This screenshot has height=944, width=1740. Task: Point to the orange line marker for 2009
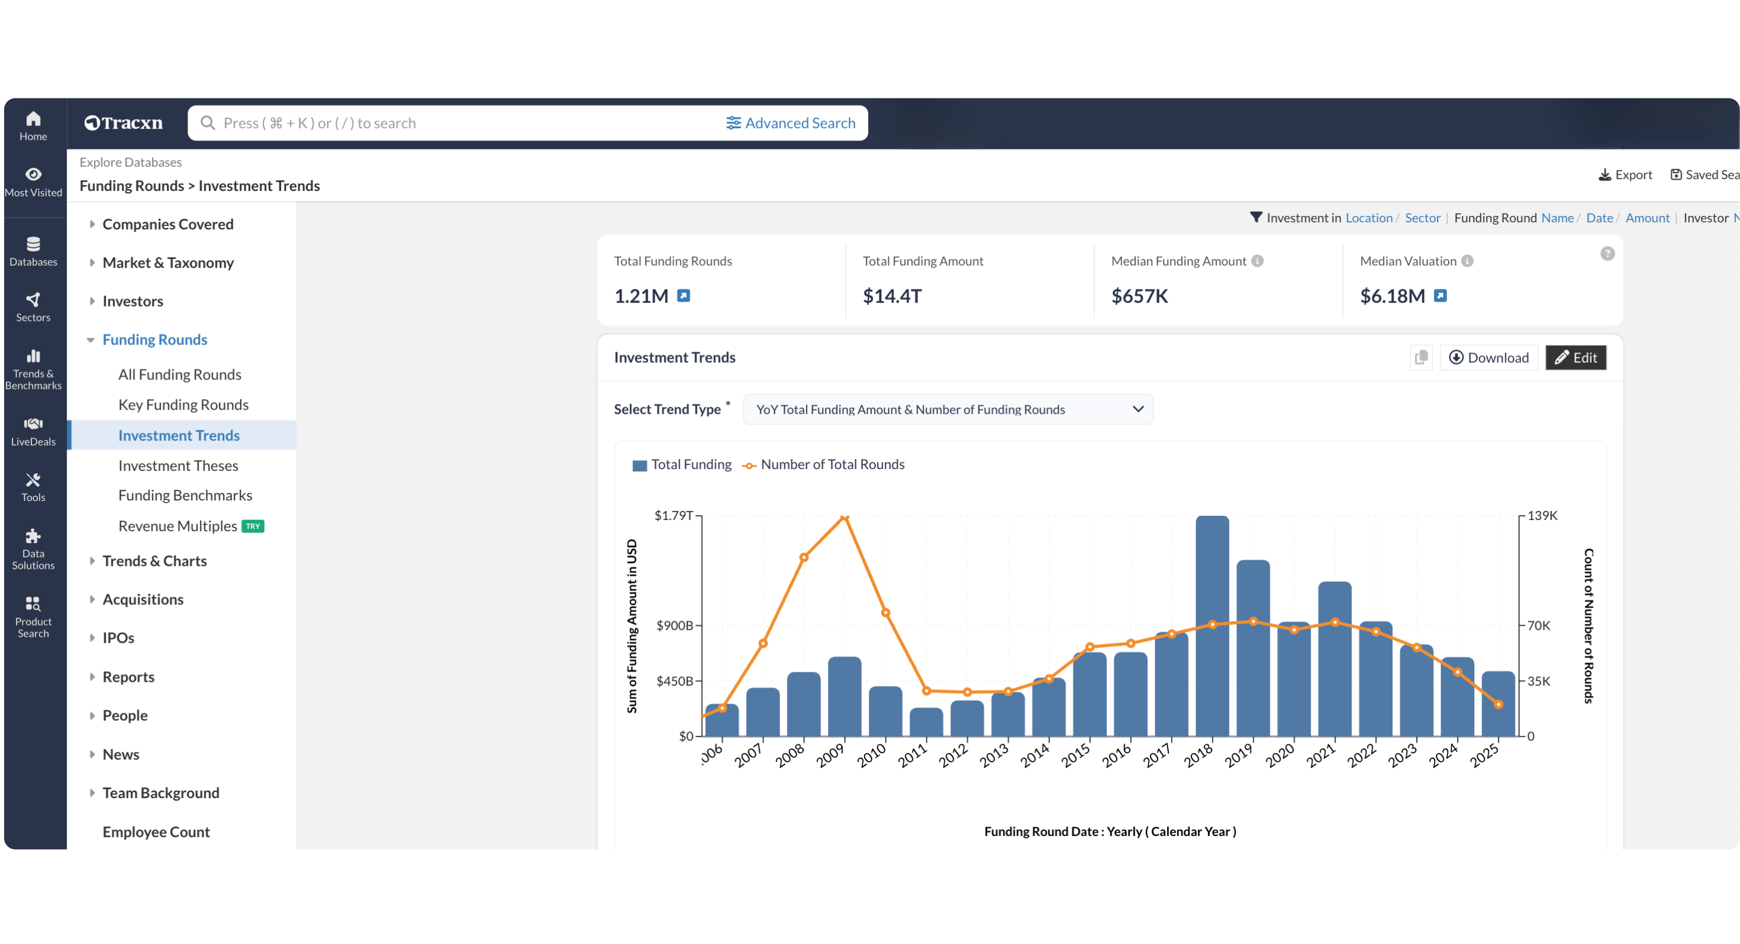click(x=844, y=517)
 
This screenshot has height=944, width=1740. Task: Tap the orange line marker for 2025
click(x=1498, y=704)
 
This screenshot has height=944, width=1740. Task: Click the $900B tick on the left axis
click(x=675, y=626)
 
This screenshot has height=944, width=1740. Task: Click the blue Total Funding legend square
click(x=639, y=465)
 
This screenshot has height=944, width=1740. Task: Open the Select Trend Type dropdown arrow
click(x=1137, y=409)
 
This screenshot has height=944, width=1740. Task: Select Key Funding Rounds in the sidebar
click(x=183, y=404)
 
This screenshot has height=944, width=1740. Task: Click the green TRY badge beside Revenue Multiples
click(x=253, y=526)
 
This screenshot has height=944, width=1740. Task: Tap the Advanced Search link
click(x=791, y=123)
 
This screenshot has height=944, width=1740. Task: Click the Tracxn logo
click(x=123, y=123)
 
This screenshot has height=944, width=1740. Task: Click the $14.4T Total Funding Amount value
click(x=891, y=296)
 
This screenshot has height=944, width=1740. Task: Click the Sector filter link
click(x=1422, y=218)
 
